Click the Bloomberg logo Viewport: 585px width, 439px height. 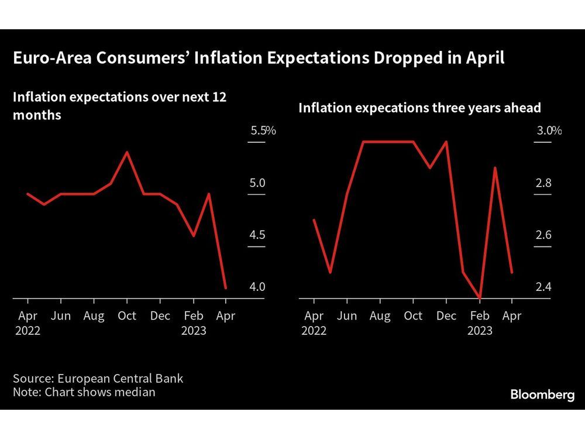[x=542, y=395]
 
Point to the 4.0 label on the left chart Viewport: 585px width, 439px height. [x=257, y=287]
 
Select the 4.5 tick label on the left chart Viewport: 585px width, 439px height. [x=257, y=235]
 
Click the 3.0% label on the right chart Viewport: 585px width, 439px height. [x=549, y=131]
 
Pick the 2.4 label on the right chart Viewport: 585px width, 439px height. [x=544, y=287]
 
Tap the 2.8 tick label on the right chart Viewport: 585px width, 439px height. [x=544, y=183]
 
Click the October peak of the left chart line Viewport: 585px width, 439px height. [x=127, y=152]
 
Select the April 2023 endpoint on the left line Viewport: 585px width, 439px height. [x=226, y=288]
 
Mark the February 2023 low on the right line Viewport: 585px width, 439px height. [x=480, y=299]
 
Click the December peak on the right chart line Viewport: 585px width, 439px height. [x=446, y=142]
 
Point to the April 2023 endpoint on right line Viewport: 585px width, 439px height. [x=512, y=272]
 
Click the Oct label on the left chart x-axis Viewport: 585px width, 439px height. [x=127, y=316]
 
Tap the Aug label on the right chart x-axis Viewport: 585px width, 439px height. [x=380, y=316]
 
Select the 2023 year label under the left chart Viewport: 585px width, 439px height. [x=194, y=331]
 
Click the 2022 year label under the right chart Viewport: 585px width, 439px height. [x=315, y=331]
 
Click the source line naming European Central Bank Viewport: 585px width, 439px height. [x=98, y=378]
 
